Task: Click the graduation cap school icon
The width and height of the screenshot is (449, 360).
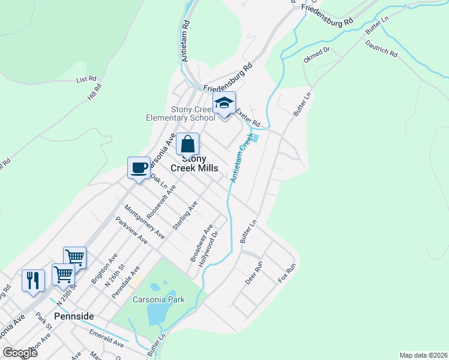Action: [x=224, y=104]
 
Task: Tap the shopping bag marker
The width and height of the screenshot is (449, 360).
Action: [x=187, y=145]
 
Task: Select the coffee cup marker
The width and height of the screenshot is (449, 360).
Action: [x=139, y=168]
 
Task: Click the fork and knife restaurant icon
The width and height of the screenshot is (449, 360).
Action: [x=33, y=280]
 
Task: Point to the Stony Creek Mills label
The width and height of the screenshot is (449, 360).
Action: [x=194, y=163]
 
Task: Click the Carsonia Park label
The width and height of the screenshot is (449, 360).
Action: [x=159, y=299]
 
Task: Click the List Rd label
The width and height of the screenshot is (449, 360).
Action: [x=86, y=79]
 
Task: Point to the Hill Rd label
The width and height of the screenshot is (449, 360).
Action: [x=94, y=92]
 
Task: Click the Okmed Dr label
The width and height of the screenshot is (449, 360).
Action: [x=317, y=55]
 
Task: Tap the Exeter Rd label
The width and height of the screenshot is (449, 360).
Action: [x=247, y=118]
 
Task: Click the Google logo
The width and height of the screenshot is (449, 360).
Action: [x=20, y=352]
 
